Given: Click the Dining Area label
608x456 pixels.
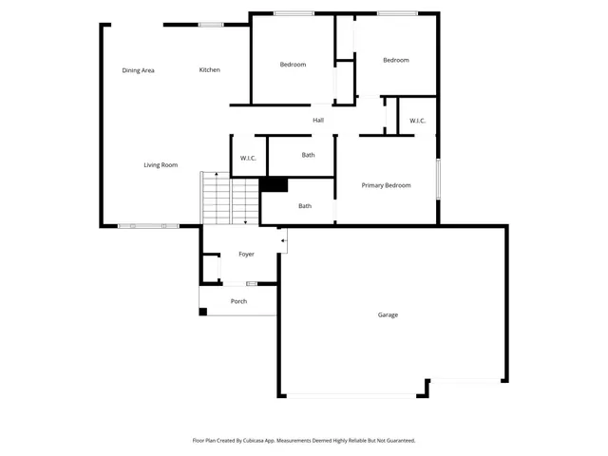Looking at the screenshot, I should point(139,70).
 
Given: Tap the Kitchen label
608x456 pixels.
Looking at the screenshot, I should point(210,70).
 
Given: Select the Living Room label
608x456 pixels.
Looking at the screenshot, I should point(161,165).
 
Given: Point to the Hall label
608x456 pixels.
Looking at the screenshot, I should point(318,121).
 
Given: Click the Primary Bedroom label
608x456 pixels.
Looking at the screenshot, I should point(386,185).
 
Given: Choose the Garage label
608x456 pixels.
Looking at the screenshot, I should point(388,314).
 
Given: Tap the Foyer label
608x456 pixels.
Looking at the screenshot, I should point(246,255).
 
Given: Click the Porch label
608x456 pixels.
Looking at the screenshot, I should point(239,302).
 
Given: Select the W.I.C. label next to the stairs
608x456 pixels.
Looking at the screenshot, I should point(248,158).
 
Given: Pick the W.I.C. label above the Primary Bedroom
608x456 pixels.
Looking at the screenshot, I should point(418,121).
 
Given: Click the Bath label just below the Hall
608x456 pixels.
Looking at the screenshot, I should point(309,155).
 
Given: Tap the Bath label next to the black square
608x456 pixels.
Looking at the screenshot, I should point(305,206).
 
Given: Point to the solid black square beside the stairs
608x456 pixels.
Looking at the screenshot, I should point(274,185).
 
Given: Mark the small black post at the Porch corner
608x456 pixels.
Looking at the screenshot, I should point(203,311).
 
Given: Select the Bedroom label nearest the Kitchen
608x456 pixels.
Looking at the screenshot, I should point(293,65).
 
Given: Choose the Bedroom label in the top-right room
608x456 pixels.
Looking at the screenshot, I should point(395,61).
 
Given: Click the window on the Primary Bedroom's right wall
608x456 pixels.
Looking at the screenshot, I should point(438,180).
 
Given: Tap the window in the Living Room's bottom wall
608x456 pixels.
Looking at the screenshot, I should point(148,226).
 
